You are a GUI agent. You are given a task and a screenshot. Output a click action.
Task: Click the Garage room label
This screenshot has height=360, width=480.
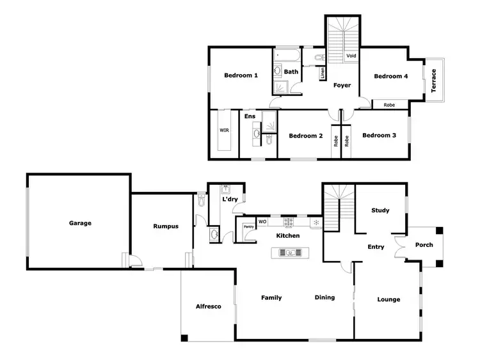point(81,223)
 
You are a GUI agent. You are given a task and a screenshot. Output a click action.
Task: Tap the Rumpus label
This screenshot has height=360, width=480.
point(165,226)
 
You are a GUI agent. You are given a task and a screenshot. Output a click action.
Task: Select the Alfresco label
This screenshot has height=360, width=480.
point(208,307)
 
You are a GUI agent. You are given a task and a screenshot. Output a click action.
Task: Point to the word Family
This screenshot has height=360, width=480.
point(271,298)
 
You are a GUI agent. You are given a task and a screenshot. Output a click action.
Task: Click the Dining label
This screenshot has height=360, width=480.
point(324,298)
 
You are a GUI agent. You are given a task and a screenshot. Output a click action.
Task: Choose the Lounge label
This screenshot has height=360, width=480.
point(388,299)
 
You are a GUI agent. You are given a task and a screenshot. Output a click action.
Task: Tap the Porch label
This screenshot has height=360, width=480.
point(424,245)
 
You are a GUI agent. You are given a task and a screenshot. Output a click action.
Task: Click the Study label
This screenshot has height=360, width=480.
point(381,210)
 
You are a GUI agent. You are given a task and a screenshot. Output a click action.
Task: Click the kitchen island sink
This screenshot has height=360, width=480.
point(290,253)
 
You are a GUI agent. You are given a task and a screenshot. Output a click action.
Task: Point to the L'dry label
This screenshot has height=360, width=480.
point(230,200)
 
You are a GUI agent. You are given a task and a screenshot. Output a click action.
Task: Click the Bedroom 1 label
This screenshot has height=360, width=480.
point(241,75)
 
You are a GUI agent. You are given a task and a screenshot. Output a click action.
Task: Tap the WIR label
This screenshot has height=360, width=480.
point(225,130)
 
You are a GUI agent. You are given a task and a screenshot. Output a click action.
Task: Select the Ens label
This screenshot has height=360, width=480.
point(250,116)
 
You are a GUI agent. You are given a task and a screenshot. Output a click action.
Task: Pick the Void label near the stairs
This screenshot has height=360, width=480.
point(351,56)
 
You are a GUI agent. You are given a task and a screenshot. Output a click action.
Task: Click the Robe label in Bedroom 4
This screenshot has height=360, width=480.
point(389,105)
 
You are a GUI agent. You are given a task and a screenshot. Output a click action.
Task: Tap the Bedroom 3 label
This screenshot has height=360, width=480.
point(379,136)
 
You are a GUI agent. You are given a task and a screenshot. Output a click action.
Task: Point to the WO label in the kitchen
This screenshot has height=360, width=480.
point(262,222)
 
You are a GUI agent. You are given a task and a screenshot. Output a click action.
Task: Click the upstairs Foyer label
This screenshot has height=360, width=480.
point(342,85)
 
